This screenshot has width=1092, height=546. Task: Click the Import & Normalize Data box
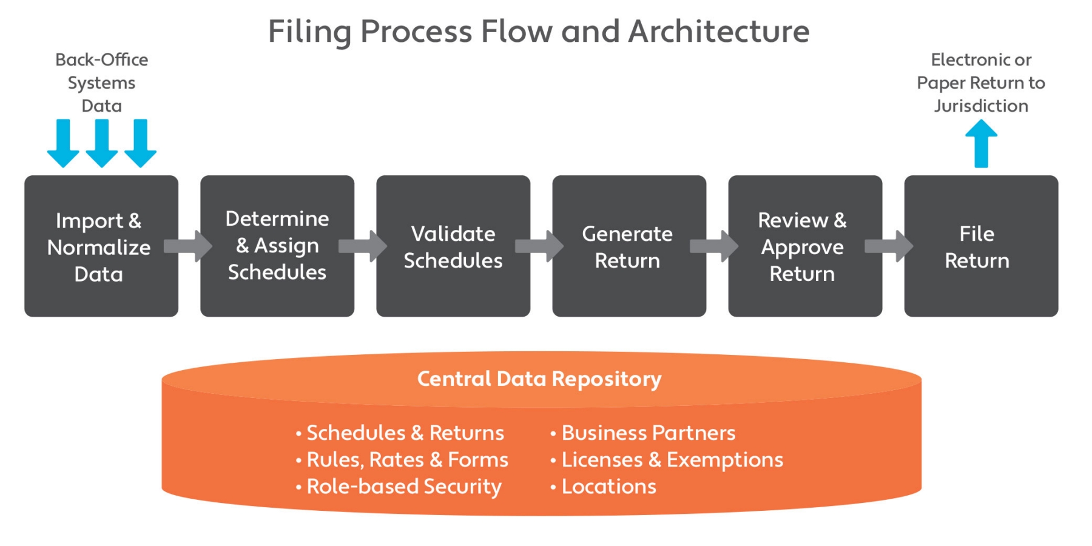(101, 246)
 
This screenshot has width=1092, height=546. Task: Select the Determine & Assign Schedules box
(277, 246)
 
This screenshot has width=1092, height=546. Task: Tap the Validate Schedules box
(453, 246)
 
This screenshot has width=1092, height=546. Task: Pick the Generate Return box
(629, 246)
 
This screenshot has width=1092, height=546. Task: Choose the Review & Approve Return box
(804, 246)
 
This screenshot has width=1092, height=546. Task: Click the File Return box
(980, 246)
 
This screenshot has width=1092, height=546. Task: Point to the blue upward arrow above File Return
(981, 143)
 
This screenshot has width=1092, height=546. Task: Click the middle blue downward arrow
(101, 143)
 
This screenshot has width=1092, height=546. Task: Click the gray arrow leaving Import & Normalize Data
(188, 246)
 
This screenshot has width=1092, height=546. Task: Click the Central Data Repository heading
(539, 379)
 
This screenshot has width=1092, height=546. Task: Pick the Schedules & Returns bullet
(405, 433)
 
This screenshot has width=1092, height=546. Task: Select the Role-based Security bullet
(403, 487)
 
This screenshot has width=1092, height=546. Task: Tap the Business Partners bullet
(648, 433)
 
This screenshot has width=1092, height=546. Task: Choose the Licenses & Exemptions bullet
(672, 460)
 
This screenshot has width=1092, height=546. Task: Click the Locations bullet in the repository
(608, 487)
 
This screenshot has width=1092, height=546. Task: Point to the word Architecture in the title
(719, 32)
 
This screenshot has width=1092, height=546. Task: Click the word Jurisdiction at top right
(981, 106)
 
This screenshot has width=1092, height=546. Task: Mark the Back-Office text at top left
(101, 60)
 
